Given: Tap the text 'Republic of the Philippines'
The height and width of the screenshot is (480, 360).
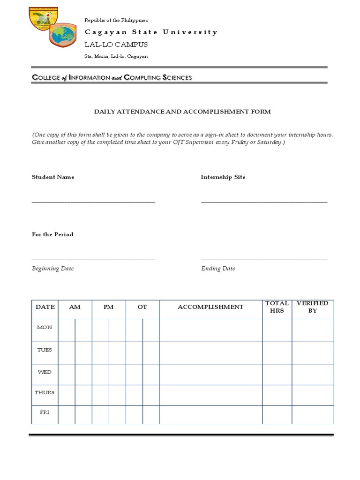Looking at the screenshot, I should pyautogui.click(x=116, y=20).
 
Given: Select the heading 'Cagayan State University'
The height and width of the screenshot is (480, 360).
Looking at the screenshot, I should pyautogui.click(x=150, y=32).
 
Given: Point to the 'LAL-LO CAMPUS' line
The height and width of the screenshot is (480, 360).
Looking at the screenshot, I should pyautogui.click(x=116, y=45).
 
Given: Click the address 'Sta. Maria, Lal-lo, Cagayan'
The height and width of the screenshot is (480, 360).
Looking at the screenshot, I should pyautogui.click(x=116, y=56).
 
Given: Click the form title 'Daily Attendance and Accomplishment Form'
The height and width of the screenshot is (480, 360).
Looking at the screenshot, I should pyautogui.click(x=182, y=112).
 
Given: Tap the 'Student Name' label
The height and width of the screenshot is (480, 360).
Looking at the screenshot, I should pyautogui.click(x=53, y=177).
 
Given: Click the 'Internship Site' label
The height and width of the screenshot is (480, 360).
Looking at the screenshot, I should pyautogui.click(x=223, y=177).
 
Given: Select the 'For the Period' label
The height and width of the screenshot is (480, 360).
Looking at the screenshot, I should pyautogui.click(x=52, y=234).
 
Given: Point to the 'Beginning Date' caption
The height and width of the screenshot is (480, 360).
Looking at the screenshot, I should pyautogui.click(x=52, y=269).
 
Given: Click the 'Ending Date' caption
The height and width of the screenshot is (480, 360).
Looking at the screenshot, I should pyautogui.click(x=218, y=269).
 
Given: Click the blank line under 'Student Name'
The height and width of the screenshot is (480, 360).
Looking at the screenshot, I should pyautogui.click(x=93, y=202).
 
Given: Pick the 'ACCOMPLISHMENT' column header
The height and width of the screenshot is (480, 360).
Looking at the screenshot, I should pyautogui.click(x=210, y=307).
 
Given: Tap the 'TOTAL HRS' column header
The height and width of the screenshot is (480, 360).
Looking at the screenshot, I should pyautogui.click(x=277, y=307).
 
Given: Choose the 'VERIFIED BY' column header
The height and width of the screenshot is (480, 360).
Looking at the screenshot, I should pyautogui.click(x=313, y=307).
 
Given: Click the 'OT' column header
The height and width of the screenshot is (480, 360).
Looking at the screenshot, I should pyautogui.click(x=142, y=307).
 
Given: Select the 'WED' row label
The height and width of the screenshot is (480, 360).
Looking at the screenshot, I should pyautogui.click(x=45, y=372).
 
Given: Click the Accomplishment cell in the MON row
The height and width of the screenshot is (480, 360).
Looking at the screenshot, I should pyautogui.click(x=210, y=330).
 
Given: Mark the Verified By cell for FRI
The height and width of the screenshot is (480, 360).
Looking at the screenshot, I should pyautogui.click(x=313, y=414).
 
